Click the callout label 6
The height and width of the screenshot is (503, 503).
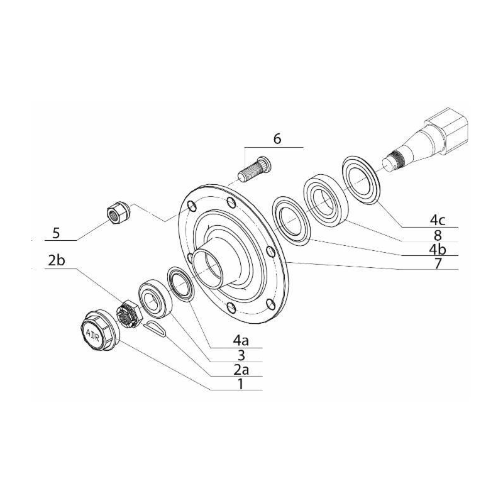tap(277, 139)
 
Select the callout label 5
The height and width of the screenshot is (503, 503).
tap(56, 233)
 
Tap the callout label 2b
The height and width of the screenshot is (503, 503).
tap(57, 261)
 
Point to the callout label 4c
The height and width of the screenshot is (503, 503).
tap(438, 221)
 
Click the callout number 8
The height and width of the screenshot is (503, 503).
tap(438, 235)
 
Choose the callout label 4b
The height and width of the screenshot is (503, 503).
tap(438, 249)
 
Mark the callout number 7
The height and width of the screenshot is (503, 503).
tap(438, 263)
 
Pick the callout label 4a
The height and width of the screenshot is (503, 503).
tap(241, 341)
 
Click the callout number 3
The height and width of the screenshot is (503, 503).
tap(241, 355)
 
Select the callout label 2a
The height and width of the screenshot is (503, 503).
tap(241, 370)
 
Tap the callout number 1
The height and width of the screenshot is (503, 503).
tap(241, 384)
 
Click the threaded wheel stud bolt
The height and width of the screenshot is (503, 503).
tap(255, 169)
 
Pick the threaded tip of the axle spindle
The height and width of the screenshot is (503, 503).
tap(392, 162)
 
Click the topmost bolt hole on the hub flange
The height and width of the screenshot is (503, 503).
tap(231, 202)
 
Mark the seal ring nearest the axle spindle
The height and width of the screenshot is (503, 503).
tap(361, 180)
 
